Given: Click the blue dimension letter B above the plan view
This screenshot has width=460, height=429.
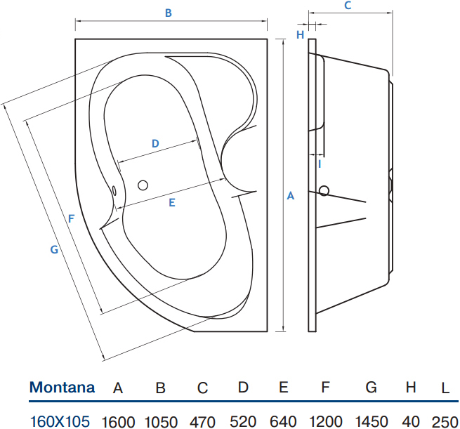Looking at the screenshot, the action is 168,13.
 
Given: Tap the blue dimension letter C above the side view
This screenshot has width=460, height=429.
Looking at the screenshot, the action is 348,6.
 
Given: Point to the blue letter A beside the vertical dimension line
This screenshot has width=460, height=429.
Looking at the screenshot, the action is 291,196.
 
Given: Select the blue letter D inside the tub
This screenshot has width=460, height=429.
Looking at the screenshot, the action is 155,143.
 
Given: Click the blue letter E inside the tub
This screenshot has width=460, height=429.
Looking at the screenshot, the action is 172,203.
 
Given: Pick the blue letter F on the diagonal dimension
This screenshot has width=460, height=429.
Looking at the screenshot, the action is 71,219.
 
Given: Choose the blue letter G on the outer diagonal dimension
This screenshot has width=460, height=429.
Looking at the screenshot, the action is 54,249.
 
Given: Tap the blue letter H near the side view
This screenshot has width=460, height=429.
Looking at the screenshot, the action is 300,35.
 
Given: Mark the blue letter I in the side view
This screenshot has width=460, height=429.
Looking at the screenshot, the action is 320,164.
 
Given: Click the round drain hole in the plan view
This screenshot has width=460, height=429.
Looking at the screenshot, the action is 143,185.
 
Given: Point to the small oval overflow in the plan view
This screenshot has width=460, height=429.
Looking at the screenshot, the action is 114,190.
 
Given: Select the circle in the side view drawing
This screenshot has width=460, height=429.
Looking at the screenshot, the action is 324,191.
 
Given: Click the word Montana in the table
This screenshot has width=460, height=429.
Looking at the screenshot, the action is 63,388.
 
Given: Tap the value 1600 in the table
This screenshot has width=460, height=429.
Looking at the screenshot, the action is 118,423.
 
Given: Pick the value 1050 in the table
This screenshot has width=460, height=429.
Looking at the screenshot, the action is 161,423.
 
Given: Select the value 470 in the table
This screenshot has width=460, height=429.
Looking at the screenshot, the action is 202,423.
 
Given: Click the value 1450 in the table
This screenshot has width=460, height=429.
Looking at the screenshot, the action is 372,422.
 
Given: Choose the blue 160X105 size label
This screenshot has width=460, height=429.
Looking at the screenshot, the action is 60,422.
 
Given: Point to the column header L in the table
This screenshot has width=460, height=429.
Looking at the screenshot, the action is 445,388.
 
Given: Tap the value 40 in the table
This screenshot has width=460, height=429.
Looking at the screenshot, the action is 411,422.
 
